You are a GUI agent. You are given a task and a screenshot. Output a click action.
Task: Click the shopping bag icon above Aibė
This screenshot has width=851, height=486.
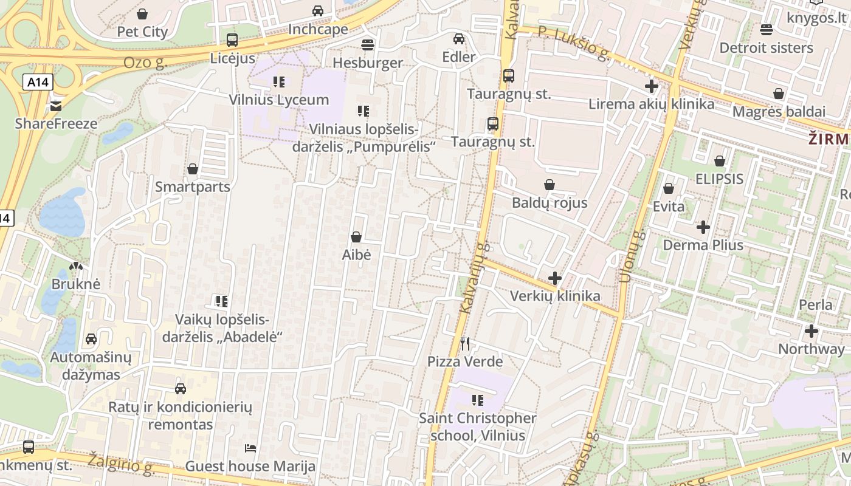pyautogui.click(x=356, y=237)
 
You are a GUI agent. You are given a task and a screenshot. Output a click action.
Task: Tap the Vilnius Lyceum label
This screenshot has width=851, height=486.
pyautogui.click(x=279, y=100)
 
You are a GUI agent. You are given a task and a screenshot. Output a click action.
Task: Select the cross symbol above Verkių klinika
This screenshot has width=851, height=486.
pyautogui.click(x=554, y=278)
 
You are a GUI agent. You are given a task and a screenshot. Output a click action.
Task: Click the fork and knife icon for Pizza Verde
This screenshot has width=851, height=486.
pyautogui.click(x=465, y=344)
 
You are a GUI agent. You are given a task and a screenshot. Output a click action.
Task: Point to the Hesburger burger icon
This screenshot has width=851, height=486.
pyautogui.click(x=367, y=44)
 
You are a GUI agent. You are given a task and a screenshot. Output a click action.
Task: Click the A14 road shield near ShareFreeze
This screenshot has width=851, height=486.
pyautogui.click(x=38, y=82)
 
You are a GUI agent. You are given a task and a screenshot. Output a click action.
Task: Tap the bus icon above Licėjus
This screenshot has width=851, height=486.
pyautogui.click(x=232, y=40)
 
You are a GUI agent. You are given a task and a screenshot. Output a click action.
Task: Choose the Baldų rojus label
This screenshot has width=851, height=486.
pyautogui.click(x=550, y=202)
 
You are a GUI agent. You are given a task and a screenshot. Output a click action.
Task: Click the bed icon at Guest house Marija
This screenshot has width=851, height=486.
pyautogui.click(x=250, y=448)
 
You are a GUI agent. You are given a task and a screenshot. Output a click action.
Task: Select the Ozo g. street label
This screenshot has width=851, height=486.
pyautogui.click(x=145, y=62)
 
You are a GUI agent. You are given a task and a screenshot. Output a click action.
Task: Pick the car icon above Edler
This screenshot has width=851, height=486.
pyautogui.click(x=459, y=39)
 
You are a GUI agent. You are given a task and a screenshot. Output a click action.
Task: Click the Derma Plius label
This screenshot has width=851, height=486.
pyautogui.click(x=703, y=245)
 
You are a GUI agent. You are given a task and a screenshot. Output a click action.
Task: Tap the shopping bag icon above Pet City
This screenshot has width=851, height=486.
pyautogui.click(x=142, y=13)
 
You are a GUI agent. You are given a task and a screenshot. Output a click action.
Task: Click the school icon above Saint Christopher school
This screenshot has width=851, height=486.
pyautogui.click(x=478, y=400)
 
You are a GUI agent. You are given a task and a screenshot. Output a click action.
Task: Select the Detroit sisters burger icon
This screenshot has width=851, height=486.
pyautogui.click(x=766, y=29)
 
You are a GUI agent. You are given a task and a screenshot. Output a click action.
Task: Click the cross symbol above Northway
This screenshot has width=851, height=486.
pyautogui.click(x=811, y=331)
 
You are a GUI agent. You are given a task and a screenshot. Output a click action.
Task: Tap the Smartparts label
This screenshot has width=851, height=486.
pyautogui.click(x=193, y=187)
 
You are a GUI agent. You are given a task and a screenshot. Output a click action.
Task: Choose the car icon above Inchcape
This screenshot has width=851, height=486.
pyautogui.click(x=318, y=10)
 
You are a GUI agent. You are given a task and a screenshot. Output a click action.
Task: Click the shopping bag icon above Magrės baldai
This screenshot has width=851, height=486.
pyautogui.click(x=779, y=94)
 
